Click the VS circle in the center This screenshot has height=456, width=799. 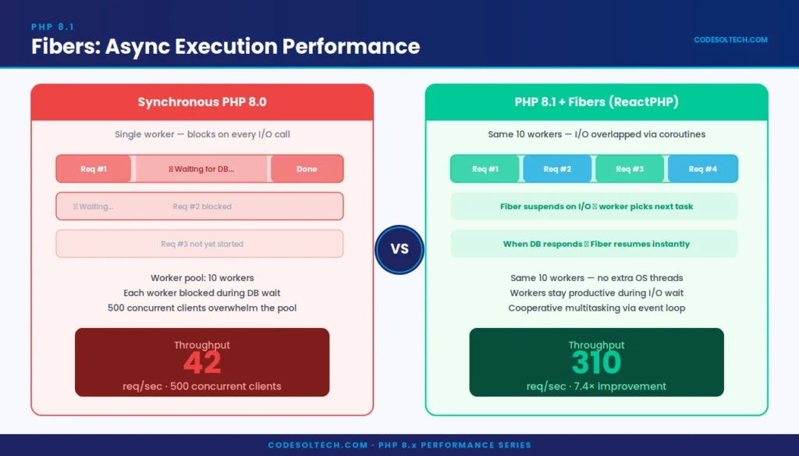coord(399,250)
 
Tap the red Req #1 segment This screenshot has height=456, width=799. coord(94,169)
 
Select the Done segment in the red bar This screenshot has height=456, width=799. coord(307,169)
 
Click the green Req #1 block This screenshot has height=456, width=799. coord(485,169)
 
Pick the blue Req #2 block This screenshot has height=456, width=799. coord(557,169)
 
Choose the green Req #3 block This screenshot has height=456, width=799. coord(630,169)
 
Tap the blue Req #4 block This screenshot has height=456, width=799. coord(701,169)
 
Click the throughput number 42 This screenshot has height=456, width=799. coord(202,362)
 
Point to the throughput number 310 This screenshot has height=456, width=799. coord(596,362)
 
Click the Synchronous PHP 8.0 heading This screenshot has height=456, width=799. coord(201,102)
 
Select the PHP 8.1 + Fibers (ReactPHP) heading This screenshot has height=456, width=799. coord(596,102)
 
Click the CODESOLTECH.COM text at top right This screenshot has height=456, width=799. coord(730,40)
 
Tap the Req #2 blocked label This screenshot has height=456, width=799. coord(202,207)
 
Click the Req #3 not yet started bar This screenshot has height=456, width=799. coord(200,244)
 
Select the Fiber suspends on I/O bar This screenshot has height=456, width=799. coord(595,207)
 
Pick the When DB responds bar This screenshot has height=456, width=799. coord(595,244)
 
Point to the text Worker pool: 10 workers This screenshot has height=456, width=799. coord(202,278)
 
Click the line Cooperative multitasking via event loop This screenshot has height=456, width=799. coord(596,308)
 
